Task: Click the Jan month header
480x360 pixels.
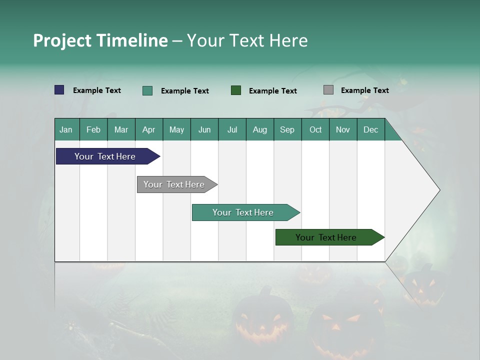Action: [x=66, y=129]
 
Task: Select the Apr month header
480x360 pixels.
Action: [x=148, y=129]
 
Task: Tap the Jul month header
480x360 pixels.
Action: [x=232, y=129]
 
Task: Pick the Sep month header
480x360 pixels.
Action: [x=287, y=129]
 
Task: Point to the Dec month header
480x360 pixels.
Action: [x=370, y=129]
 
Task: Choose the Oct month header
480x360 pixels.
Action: [x=315, y=129]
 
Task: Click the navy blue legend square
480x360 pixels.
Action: [x=59, y=90]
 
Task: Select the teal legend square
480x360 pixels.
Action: [x=147, y=90]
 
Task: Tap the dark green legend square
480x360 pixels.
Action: [x=236, y=90]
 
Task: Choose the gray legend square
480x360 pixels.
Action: [x=328, y=90]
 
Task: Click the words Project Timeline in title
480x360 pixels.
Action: [x=100, y=40]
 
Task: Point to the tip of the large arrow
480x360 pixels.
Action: [x=439, y=190]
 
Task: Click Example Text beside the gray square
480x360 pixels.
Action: [x=364, y=90]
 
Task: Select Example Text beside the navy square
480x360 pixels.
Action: [x=97, y=90]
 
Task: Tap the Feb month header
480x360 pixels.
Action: [x=93, y=129]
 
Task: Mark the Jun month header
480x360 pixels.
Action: [x=204, y=129]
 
